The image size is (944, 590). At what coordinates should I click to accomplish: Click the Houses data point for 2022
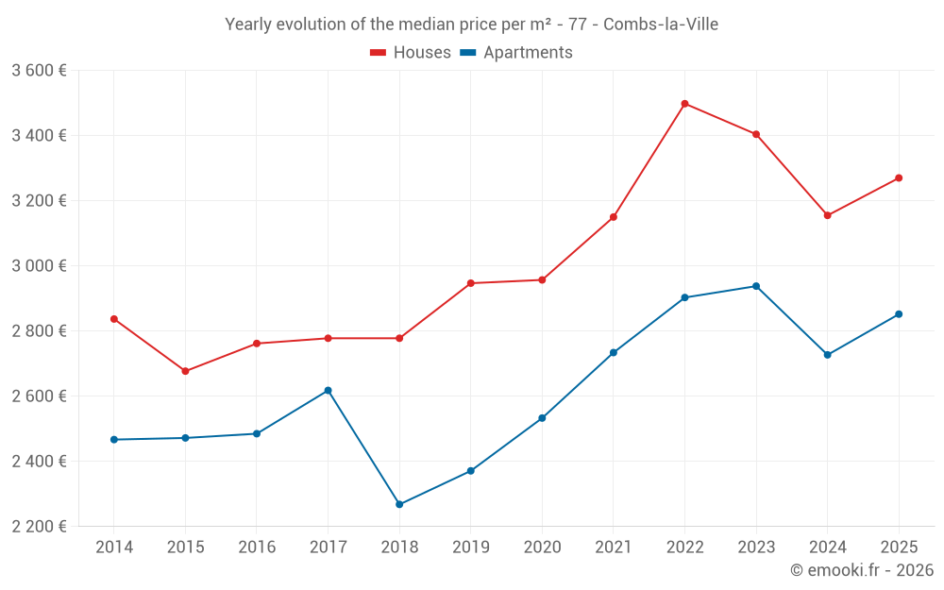[x=684, y=104]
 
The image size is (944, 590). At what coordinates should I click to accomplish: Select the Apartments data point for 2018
[x=399, y=504]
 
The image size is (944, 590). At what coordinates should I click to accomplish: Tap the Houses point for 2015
[x=185, y=371]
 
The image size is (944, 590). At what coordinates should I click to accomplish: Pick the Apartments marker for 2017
[x=328, y=390]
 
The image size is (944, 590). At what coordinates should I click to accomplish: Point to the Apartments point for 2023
[x=756, y=286]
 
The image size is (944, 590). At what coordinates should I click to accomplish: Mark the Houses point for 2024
[x=828, y=215]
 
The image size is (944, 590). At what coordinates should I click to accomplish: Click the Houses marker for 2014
[x=114, y=319]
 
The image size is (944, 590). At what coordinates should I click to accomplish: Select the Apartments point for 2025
[x=899, y=314]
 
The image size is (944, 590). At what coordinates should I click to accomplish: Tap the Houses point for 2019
[x=470, y=283]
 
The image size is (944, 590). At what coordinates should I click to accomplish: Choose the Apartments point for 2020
[x=542, y=418]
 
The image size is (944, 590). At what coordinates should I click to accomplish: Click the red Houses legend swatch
[x=379, y=53]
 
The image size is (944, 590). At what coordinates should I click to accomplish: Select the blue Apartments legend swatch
[x=467, y=53]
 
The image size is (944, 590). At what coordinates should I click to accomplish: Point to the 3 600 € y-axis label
[x=39, y=71]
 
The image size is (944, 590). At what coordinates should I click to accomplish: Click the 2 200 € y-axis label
[x=39, y=526]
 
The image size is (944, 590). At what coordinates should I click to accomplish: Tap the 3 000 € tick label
[x=39, y=266]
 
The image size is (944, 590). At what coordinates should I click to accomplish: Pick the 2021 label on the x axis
[x=614, y=548]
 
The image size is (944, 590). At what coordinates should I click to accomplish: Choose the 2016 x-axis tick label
[x=257, y=548]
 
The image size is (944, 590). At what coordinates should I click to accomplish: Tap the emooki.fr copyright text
[x=862, y=570]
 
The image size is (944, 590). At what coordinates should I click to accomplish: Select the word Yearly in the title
[x=248, y=25]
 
